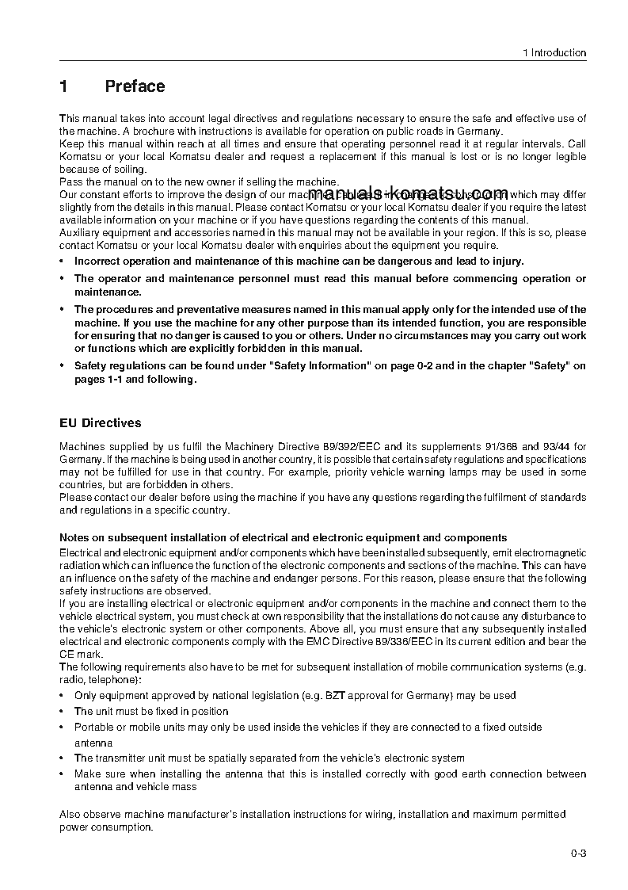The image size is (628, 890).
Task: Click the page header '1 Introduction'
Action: click(x=554, y=53)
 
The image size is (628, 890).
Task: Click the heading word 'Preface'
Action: click(x=135, y=86)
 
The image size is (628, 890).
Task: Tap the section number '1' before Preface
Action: click(x=64, y=86)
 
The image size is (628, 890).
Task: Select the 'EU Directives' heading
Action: click(x=101, y=423)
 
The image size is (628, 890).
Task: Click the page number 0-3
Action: click(x=578, y=854)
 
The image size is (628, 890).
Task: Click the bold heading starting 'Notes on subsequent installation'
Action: click(x=284, y=537)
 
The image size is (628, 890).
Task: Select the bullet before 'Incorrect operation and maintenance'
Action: click(x=63, y=262)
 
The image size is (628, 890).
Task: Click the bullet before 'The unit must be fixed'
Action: click(x=63, y=712)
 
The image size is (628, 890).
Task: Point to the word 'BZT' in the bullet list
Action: click(x=335, y=696)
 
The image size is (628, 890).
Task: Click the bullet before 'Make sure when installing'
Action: click(x=63, y=774)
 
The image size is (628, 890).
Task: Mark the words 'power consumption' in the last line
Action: click(x=105, y=827)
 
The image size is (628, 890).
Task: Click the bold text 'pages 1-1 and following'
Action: click(x=134, y=380)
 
